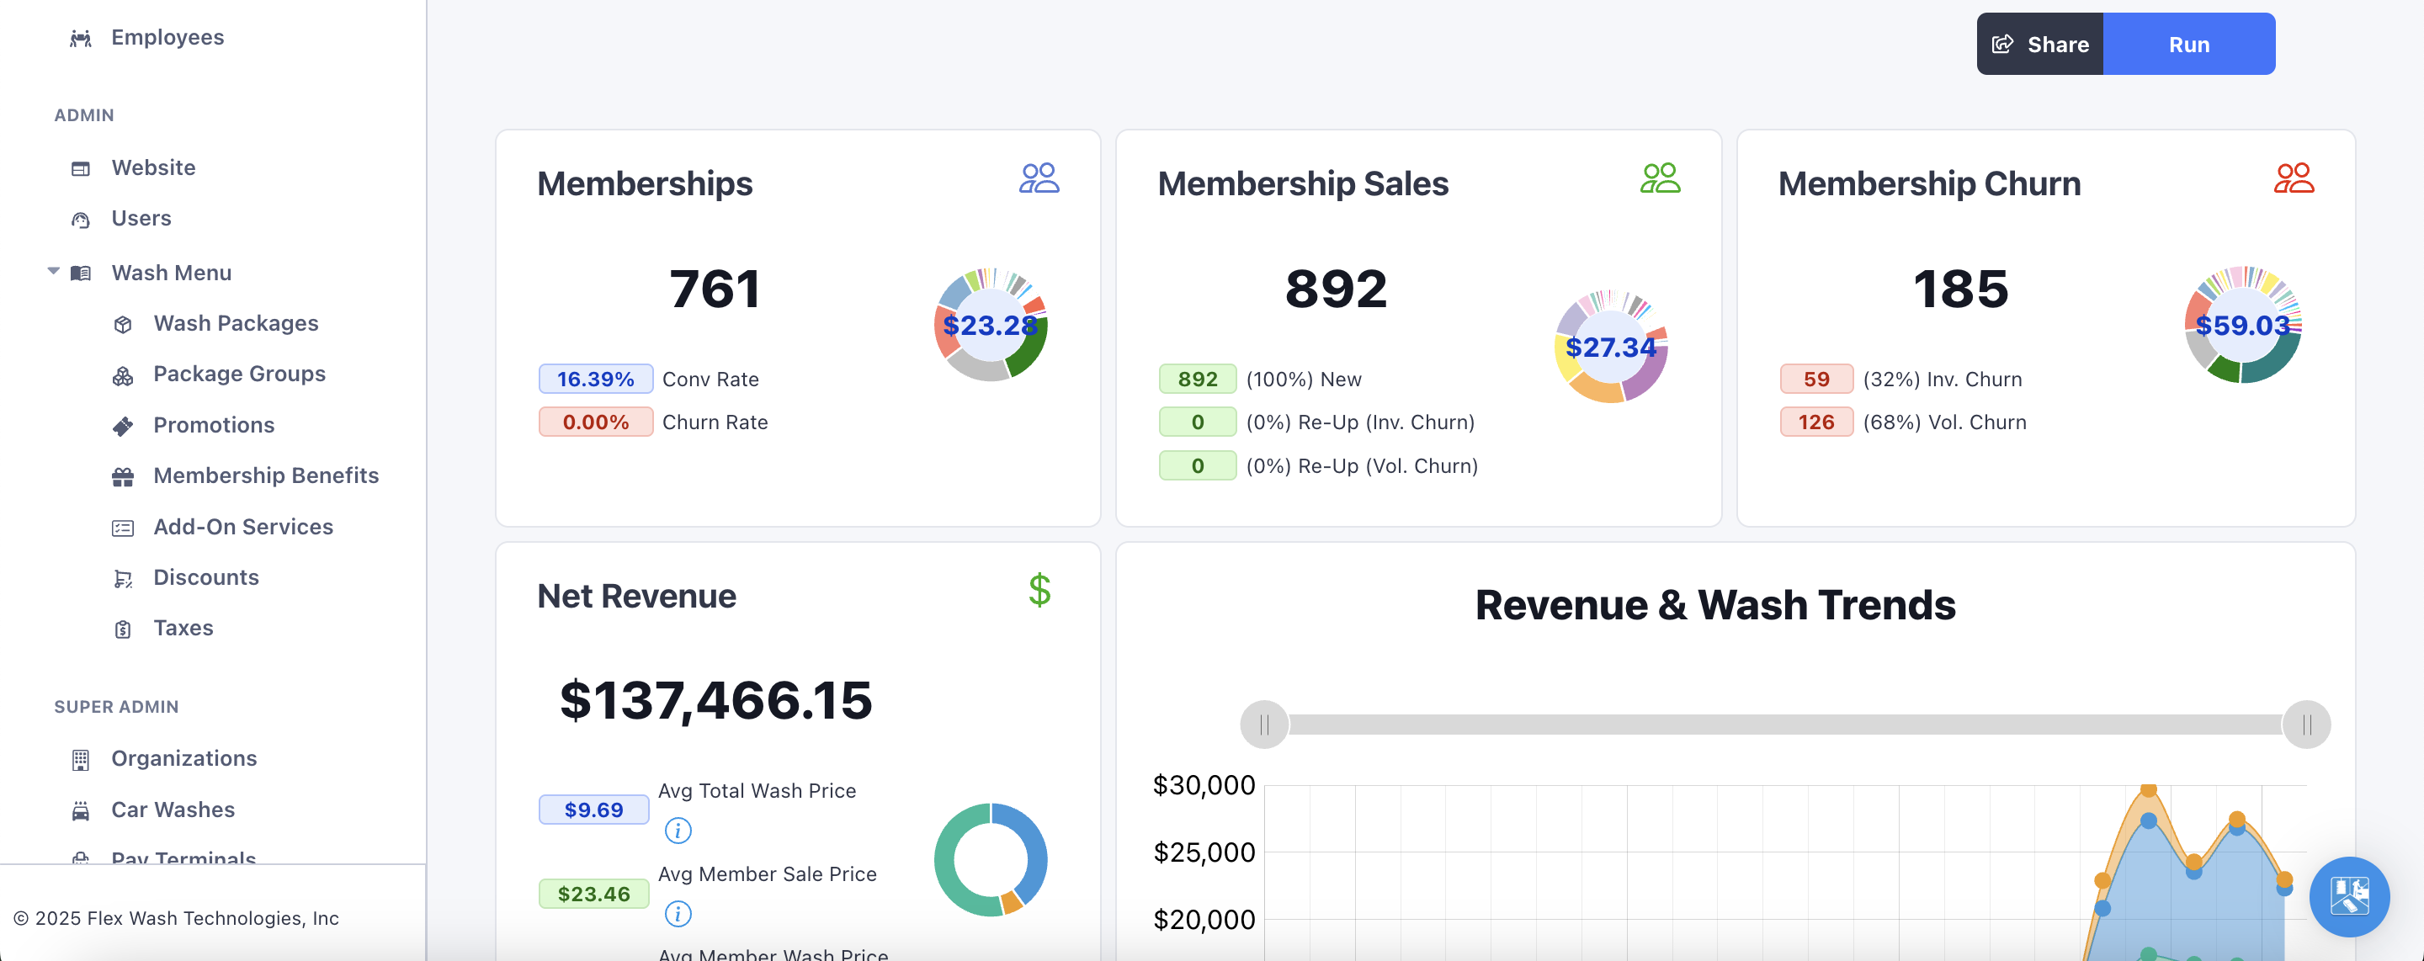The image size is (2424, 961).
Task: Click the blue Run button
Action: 2187,45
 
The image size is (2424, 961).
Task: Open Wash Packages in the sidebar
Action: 236,324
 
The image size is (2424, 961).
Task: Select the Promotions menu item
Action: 214,426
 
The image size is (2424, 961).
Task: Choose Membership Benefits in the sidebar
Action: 265,476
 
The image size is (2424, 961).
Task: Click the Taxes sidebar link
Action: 183,629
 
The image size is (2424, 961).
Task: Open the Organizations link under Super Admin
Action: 183,759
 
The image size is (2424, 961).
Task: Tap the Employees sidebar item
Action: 167,38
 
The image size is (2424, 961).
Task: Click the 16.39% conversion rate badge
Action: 595,380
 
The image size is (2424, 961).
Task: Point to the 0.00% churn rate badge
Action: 595,422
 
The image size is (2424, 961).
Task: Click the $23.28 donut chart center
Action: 990,326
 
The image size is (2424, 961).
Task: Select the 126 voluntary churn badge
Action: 1815,422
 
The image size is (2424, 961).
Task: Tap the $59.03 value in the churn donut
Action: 2242,326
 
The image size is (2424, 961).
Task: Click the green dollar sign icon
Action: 1039,591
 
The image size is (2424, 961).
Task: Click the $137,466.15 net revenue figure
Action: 715,701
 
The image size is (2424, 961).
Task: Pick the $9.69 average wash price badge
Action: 593,810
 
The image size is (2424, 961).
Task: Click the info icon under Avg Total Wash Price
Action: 678,831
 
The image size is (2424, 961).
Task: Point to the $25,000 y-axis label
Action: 1204,852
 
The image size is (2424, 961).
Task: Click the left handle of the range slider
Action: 1263,725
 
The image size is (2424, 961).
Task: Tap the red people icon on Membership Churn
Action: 2294,179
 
